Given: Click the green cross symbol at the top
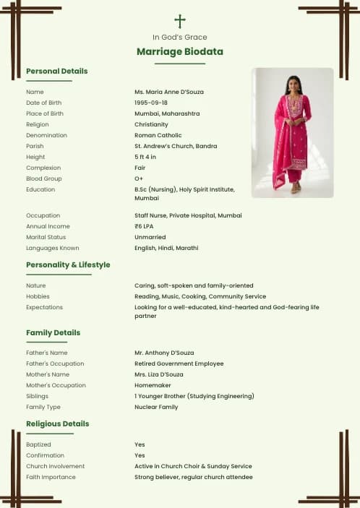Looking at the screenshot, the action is point(180,21).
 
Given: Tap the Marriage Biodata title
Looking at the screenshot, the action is point(180,52).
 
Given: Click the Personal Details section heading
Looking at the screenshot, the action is point(56,71).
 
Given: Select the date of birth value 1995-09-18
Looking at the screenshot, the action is point(151,103).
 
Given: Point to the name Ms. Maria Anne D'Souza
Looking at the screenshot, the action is point(171,92).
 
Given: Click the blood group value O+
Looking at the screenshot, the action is point(139,178).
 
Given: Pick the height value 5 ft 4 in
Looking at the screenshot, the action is point(145,157).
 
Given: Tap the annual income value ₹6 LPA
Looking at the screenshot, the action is point(145,226).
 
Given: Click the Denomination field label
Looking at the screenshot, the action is point(46,135).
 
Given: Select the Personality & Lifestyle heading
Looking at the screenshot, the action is point(68,264).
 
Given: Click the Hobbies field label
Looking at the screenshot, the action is point(38,296).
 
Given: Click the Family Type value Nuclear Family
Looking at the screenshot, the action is point(155,407).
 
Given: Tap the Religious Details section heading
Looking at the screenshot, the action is point(58,423).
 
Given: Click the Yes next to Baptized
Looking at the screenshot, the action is point(140,444).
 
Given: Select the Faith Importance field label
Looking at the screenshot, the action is point(51,477).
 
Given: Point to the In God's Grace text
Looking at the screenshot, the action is point(180,37).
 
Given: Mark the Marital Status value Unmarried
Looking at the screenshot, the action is point(150,237).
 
